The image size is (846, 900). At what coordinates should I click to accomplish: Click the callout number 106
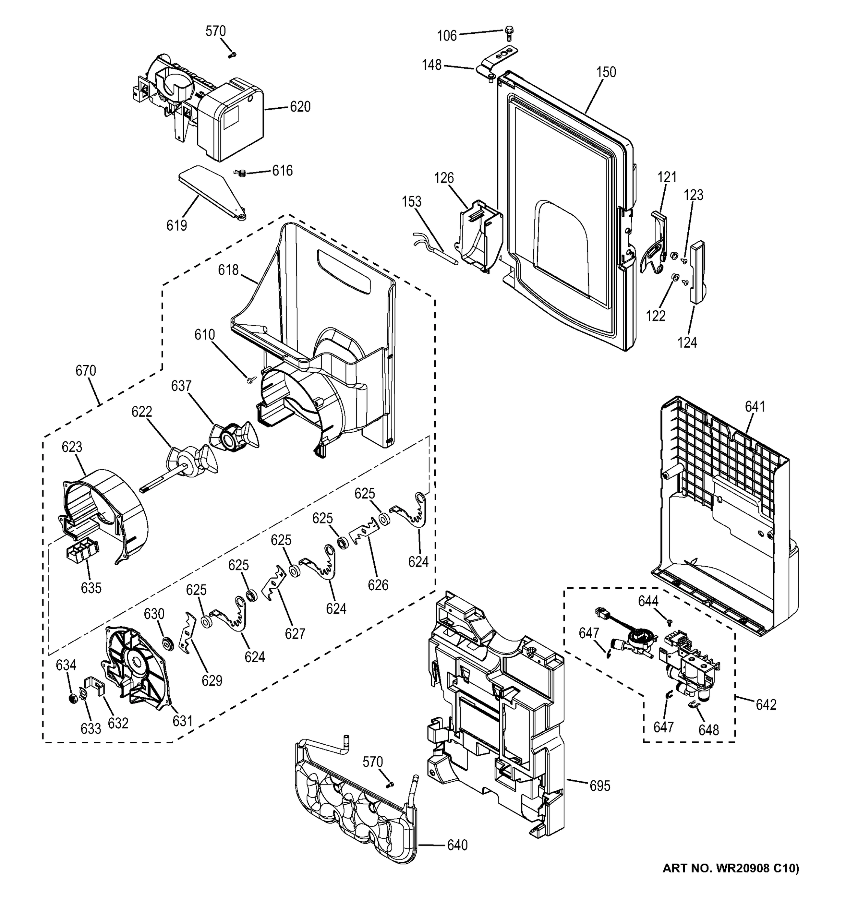click(x=447, y=36)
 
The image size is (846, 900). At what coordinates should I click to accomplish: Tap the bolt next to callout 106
click(x=509, y=33)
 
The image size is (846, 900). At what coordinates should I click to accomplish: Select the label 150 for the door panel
click(x=606, y=72)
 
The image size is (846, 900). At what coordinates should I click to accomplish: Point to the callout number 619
click(x=177, y=225)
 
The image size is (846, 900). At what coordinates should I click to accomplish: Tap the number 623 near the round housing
click(x=72, y=447)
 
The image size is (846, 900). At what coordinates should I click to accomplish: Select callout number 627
click(x=295, y=633)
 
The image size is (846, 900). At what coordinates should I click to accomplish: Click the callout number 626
click(x=378, y=585)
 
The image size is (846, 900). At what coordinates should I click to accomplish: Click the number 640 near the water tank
click(x=457, y=845)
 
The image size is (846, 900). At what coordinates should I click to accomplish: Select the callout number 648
click(x=708, y=730)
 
